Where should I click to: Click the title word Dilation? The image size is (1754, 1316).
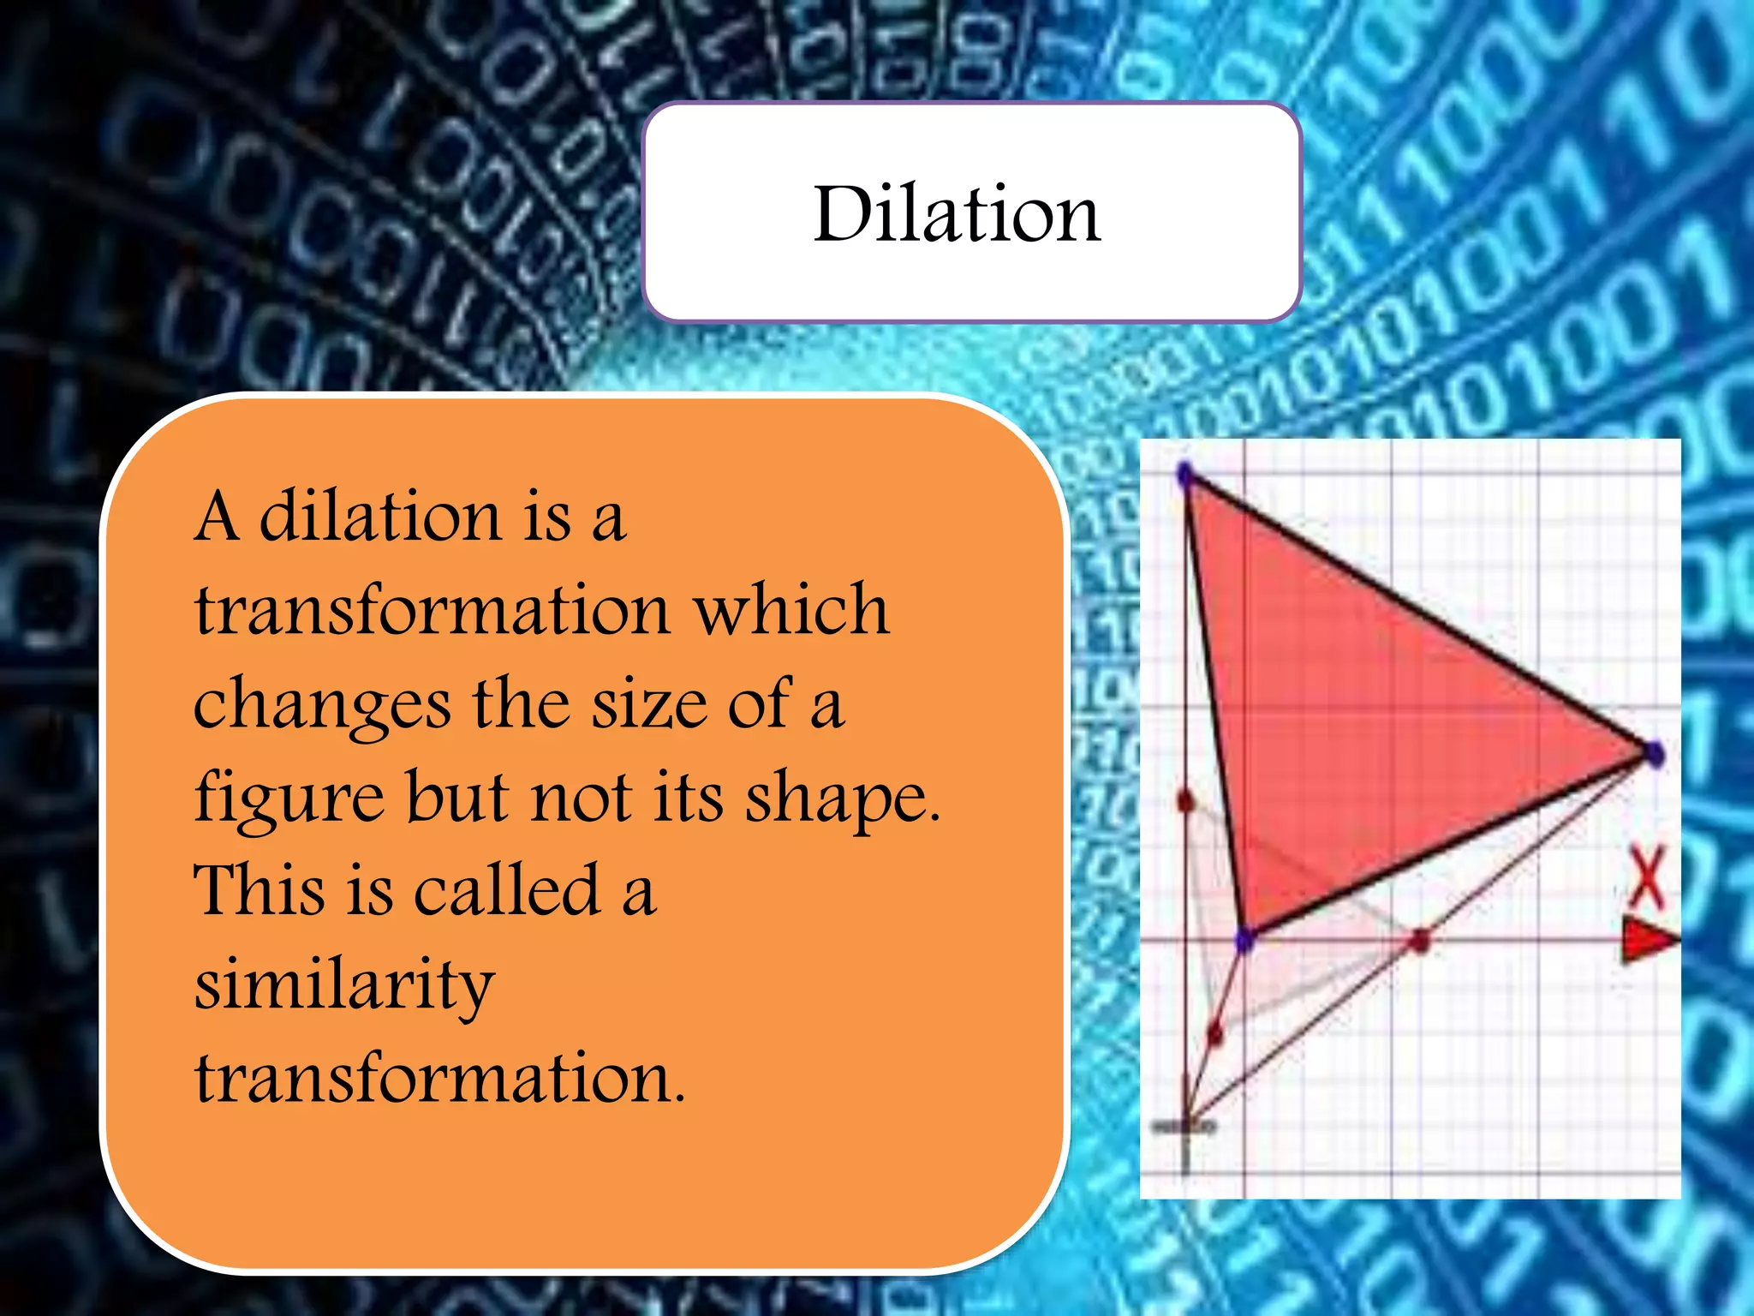(x=957, y=214)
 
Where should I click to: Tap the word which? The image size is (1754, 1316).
(x=791, y=610)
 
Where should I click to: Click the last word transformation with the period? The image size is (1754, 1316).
(x=440, y=1078)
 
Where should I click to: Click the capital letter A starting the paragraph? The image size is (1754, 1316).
(x=216, y=517)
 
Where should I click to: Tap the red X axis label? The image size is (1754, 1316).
(x=1645, y=878)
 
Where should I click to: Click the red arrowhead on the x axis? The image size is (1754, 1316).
(x=1649, y=940)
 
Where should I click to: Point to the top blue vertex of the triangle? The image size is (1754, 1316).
(x=1185, y=474)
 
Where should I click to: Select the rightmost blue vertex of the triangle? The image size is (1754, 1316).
(x=1655, y=754)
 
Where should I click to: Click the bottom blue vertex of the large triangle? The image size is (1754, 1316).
(x=1244, y=940)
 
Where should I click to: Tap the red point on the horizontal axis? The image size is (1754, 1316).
(x=1419, y=942)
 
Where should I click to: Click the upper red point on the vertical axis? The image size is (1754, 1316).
(x=1185, y=801)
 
